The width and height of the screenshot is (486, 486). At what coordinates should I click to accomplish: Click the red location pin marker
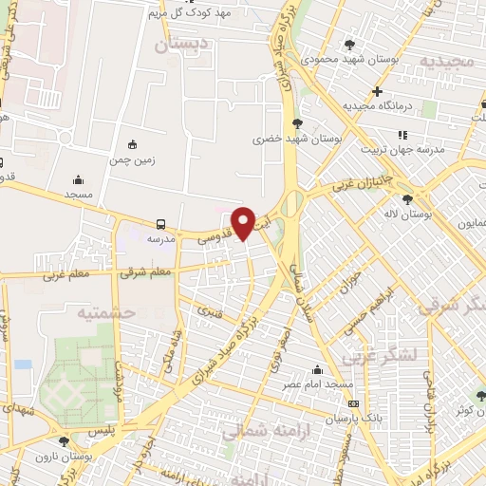(243, 222)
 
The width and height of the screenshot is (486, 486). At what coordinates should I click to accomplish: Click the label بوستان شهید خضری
(296, 139)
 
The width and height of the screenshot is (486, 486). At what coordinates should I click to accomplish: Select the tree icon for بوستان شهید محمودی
(350, 44)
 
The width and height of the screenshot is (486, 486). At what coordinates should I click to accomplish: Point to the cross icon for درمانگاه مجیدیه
(378, 92)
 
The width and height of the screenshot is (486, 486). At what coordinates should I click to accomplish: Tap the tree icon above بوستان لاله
(407, 199)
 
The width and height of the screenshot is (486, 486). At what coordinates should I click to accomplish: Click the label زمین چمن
(133, 160)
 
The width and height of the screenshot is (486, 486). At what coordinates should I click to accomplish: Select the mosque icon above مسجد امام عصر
(317, 370)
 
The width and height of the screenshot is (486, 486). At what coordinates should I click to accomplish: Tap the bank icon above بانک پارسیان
(354, 403)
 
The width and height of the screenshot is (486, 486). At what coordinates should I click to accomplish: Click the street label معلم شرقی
(146, 271)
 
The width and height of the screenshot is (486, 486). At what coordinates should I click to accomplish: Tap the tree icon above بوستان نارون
(64, 441)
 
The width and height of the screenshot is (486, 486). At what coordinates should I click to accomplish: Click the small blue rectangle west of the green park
(23, 364)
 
